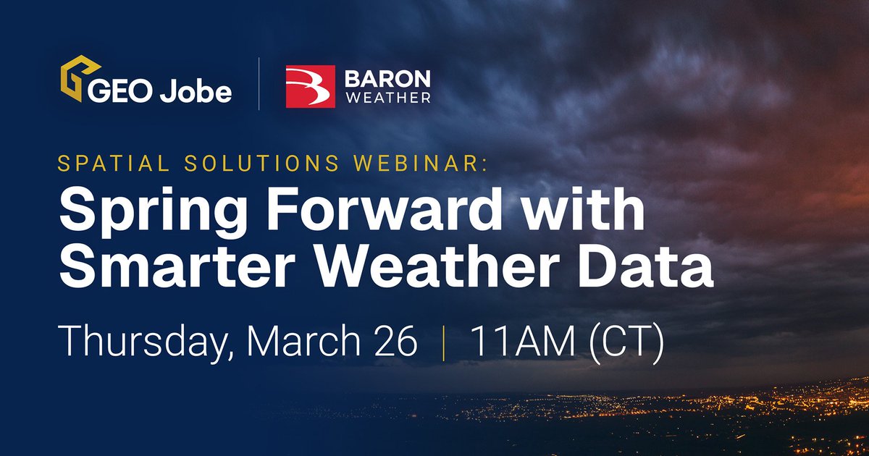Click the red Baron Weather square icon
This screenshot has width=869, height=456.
[311, 86]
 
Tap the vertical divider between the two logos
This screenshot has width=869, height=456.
[259, 85]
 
